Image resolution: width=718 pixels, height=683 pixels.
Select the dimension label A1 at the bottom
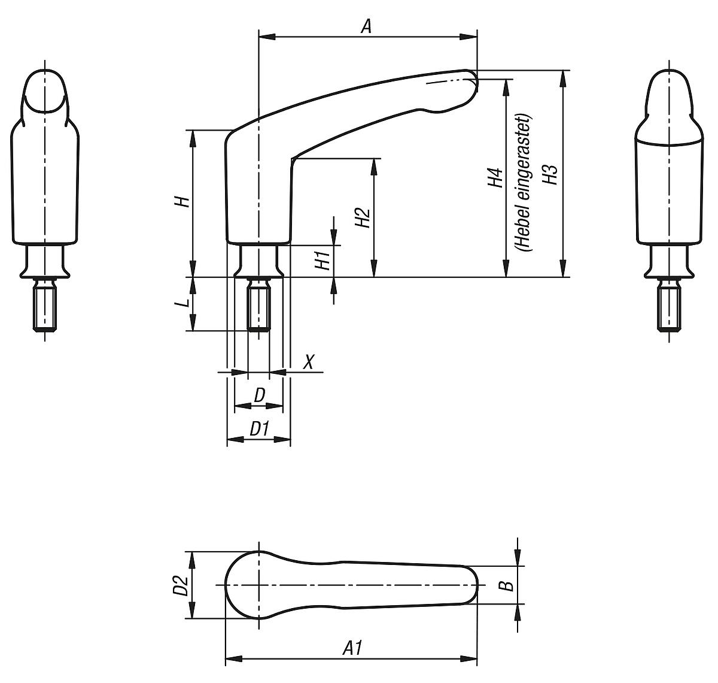[352, 648]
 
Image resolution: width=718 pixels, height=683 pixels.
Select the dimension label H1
[323, 261]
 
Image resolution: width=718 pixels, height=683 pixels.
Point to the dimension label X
[309, 362]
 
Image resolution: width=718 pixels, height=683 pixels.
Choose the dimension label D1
[258, 429]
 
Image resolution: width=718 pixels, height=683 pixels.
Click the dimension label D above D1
[259, 395]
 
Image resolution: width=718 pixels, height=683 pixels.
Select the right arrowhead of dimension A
[472, 37]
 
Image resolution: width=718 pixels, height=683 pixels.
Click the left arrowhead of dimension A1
[231, 660]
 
